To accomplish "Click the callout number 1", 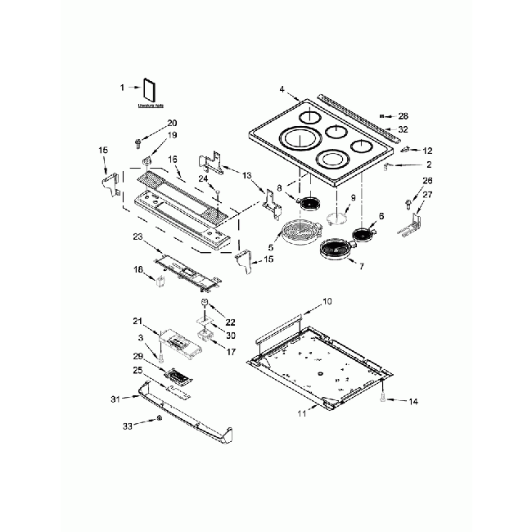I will click(x=122, y=87).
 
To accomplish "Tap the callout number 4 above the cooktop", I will click(x=282, y=88).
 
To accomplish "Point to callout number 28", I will click(x=403, y=117).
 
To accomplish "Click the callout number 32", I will click(x=403, y=129).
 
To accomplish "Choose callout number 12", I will click(x=427, y=150).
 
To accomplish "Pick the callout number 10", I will click(x=327, y=302).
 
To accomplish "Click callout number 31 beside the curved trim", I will click(x=115, y=398).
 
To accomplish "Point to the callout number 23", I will click(x=138, y=237).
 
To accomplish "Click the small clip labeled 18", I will click(x=160, y=283).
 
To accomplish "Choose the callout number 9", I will click(x=354, y=198).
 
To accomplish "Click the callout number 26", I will click(x=426, y=180).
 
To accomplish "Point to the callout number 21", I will click(x=138, y=321).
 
